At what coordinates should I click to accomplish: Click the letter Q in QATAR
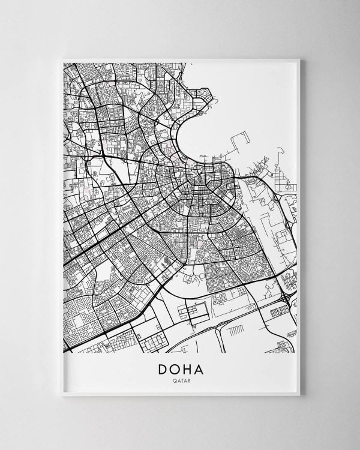[173, 379]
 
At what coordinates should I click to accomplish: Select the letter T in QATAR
[181, 379]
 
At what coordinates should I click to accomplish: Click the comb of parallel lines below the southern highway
[235, 330]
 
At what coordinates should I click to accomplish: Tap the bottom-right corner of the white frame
[299, 395]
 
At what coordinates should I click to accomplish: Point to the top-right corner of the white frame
[299, 59]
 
